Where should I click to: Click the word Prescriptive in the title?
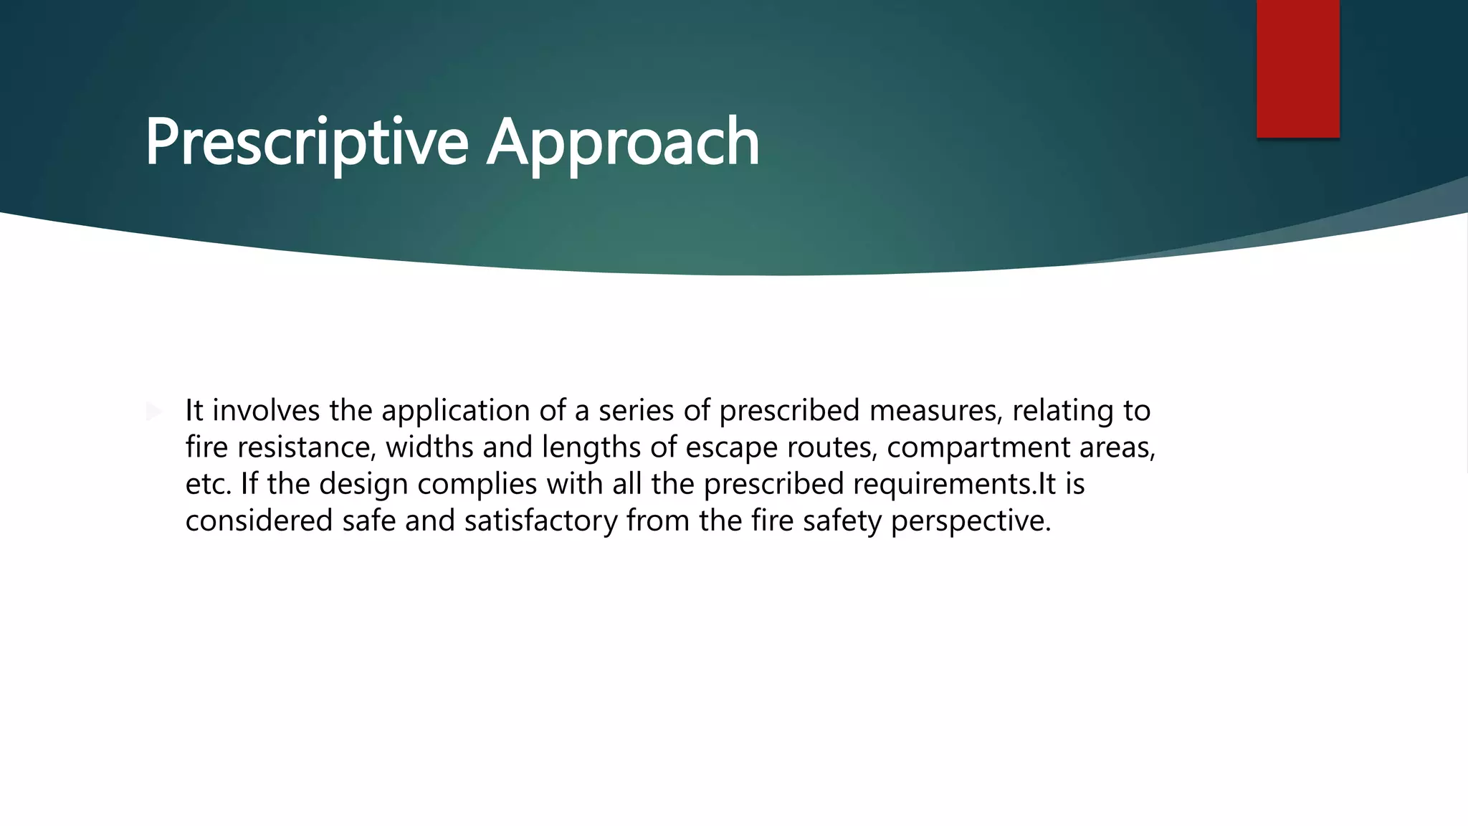point(307,142)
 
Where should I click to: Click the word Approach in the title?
point(623,142)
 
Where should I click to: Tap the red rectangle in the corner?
point(1297,68)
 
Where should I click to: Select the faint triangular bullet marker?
point(153,412)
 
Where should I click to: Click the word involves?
point(266,411)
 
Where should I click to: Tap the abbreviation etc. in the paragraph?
point(209,484)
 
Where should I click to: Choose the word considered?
point(259,521)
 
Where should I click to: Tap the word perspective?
point(971,521)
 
